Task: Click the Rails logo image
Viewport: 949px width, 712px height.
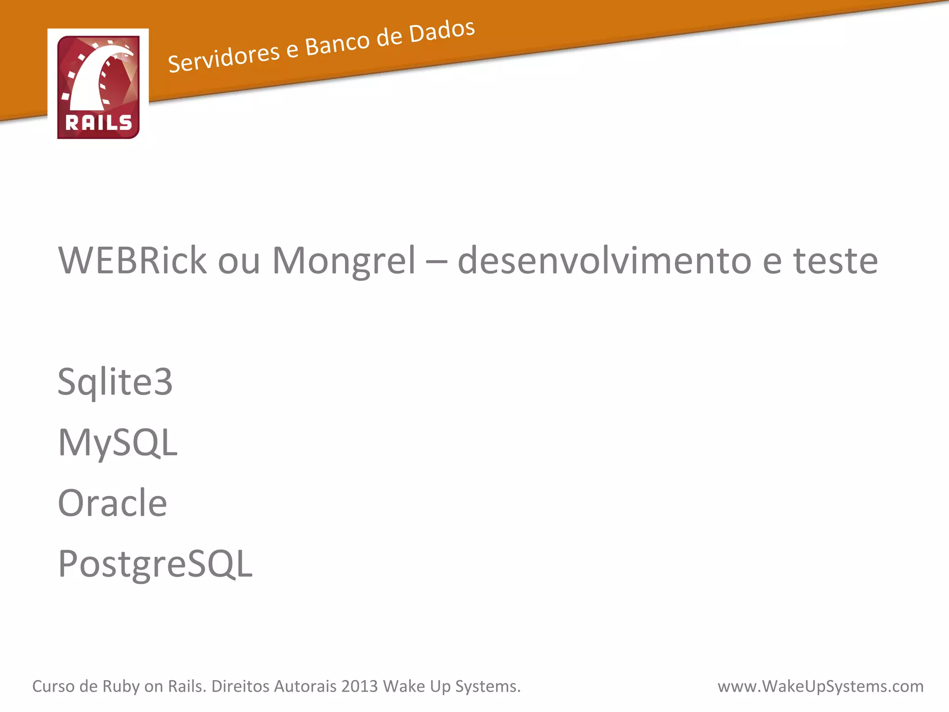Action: click(98, 87)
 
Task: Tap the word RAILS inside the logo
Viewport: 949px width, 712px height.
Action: click(98, 123)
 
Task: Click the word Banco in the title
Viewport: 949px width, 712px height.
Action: click(337, 43)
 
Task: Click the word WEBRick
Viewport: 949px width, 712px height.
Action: click(132, 261)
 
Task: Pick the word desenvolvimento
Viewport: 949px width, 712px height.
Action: click(604, 261)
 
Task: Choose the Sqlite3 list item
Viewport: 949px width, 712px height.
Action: click(115, 382)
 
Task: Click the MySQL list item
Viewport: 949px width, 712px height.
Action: click(118, 443)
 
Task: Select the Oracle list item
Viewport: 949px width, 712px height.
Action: click(112, 503)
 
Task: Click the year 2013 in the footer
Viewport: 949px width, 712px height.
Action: click(360, 686)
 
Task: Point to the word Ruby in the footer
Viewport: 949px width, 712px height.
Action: click(121, 687)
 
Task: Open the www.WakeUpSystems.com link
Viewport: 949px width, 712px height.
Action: click(820, 686)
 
